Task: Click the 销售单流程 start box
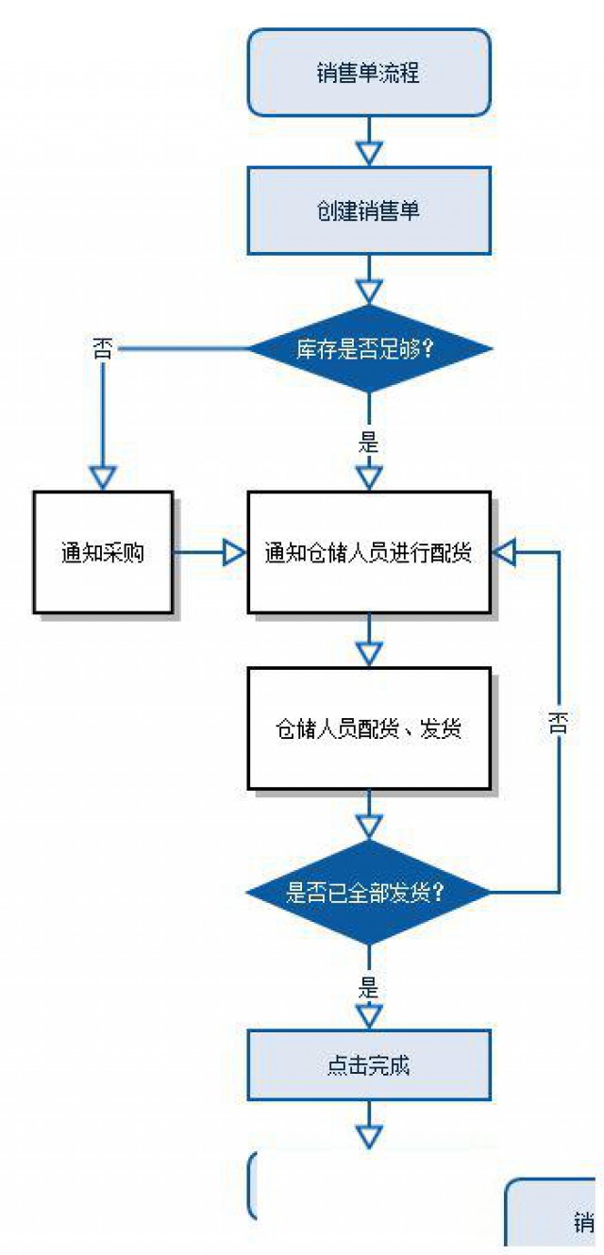tap(369, 73)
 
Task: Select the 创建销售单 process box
tap(369, 210)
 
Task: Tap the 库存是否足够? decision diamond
tap(369, 349)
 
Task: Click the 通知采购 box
tap(103, 553)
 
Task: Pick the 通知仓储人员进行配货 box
tap(369, 553)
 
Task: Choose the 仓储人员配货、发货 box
tap(369, 728)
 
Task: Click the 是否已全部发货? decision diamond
tap(369, 891)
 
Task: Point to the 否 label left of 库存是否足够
tap(101, 348)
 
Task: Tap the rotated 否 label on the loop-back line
tap(559, 723)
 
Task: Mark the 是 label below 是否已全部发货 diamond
tap(369, 988)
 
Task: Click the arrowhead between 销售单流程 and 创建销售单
tap(369, 152)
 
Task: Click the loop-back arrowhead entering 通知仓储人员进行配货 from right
tap(506, 553)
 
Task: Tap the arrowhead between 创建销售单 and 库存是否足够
tap(369, 291)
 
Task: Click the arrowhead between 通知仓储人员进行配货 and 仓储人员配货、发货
tap(369, 651)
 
